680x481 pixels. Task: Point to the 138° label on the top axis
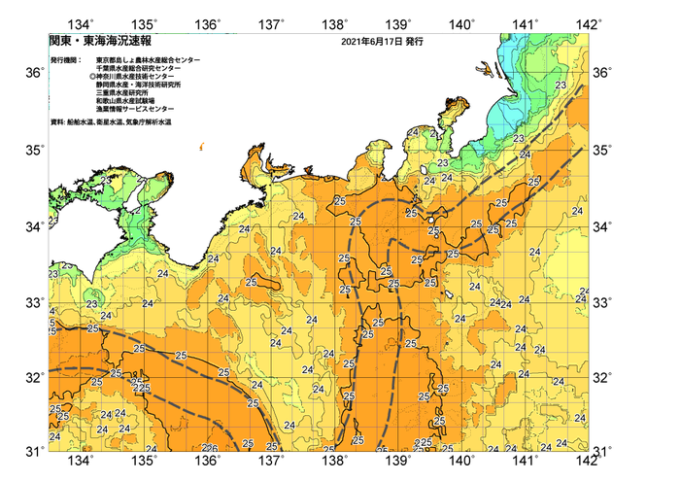tap(337, 23)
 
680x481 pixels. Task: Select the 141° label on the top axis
tap(526, 23)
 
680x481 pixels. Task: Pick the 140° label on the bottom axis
tap(461, 461)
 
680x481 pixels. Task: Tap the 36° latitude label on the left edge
tap(34, 74)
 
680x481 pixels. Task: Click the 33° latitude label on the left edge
tap(34, 303)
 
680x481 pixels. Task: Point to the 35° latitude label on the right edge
tap(602, 151)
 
